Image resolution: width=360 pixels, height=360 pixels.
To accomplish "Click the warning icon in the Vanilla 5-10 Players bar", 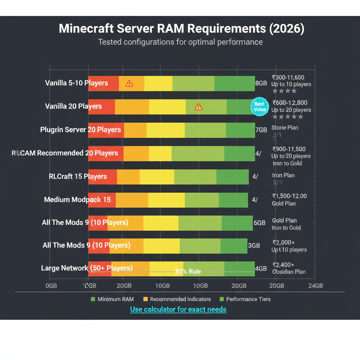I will pyautogui.click(x=129, y=83).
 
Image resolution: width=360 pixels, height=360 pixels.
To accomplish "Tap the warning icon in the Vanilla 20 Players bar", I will pyautogui.click(x=199, y=107).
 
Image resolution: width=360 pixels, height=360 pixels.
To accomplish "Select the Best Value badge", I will pyautogui.click(x=260, y=107).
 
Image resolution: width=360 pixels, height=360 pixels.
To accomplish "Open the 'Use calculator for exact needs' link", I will pyautogui.click(x=178, y=310).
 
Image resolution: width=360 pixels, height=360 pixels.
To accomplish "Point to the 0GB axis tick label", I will pyautogui.click(x=51, y=285).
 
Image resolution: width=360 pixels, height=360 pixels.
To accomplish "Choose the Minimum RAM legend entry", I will pyautogui.click(x=112, y=299).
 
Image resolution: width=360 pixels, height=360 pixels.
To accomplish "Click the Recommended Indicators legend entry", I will pyautogui.click(x=177, y=299).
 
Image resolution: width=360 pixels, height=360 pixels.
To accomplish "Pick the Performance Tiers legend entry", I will pyautogui.click(x=245, y=299).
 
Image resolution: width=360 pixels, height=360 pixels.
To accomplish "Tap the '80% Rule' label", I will pyautogui.click(x=188, y=271).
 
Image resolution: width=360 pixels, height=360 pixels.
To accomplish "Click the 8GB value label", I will pyautogui.click(x=261, y=83).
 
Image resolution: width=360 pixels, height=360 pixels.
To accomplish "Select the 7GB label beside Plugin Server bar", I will pyautogui.click(x=261, y=130).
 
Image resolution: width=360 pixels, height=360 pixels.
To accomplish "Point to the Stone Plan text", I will pyautogui.click(x=285, y=128).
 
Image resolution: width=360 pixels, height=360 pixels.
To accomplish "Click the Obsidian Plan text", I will pyautogui.click(x=289, y=272).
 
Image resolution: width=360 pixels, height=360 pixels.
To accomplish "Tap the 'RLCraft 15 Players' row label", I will pyautogui.click(x=78, y=176).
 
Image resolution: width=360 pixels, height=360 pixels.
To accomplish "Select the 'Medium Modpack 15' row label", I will pyautogui.click(x=77, y=200).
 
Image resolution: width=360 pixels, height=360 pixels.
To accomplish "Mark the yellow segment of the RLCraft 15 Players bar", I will pyautogui.click(x=157, y=176).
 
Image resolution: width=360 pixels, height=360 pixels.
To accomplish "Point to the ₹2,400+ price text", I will pyautogui.click(x=283, y=265).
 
